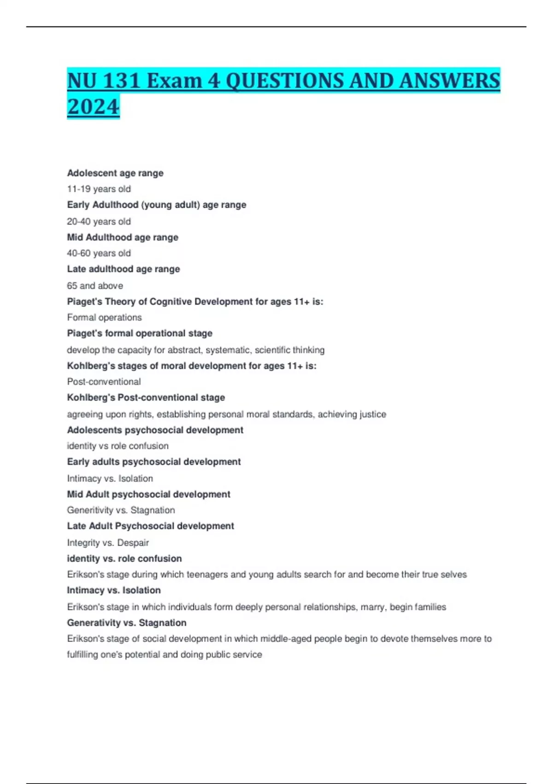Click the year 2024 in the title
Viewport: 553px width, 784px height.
pos(93,107)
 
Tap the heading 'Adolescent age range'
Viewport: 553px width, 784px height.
pos(115,173)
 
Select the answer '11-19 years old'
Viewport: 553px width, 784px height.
pos(99,189)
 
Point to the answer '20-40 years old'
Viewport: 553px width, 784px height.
pos(99,222)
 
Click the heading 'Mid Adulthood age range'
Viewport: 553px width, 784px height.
pos(123,238)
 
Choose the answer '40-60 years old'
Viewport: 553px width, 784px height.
pos(99,253)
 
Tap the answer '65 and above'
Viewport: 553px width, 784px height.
pos(95,286)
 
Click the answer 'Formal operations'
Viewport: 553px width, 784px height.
pos(104,318)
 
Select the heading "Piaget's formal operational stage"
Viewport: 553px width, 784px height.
pos(140,333)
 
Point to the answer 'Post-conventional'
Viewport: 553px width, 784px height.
pos(104,382)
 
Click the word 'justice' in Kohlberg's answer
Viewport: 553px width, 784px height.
pos(372,415)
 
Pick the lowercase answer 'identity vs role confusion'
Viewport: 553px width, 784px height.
pos(118,446)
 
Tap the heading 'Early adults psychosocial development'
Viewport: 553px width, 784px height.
pos(154,462)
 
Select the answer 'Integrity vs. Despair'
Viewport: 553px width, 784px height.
pos(108,543)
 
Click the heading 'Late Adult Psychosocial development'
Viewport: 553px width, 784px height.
pos(150,526)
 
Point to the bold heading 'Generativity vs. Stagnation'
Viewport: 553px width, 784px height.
pos(127,623)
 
